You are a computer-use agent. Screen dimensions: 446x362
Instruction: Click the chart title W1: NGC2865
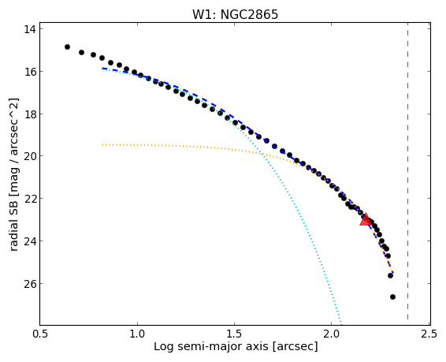point(235,14)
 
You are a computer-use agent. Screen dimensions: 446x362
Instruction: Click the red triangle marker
point(366,219)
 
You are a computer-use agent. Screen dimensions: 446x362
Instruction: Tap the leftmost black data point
point(67,47)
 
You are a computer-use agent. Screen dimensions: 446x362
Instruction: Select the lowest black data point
point(392,297)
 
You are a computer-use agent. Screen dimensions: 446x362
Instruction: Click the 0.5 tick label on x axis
point(40,334)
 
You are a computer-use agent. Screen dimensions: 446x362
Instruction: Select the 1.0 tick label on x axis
point(137,334)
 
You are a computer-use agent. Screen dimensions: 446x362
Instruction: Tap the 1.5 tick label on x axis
point(234,334)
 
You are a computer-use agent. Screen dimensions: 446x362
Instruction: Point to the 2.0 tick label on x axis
point(332,334)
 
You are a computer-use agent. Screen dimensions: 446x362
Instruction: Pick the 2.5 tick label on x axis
point(429,334)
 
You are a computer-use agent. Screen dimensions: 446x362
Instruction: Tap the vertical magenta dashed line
point(407,174)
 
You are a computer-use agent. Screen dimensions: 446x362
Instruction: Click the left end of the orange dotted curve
point(102,144)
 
